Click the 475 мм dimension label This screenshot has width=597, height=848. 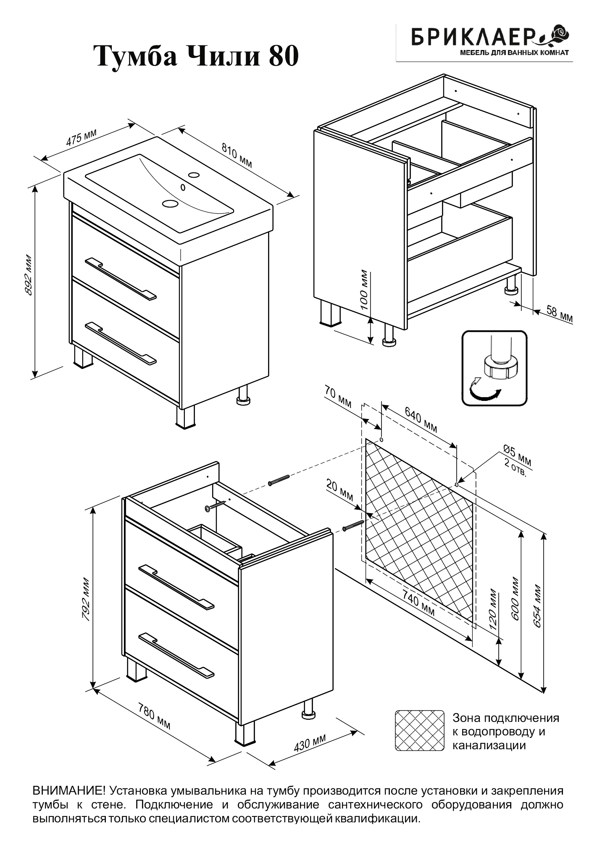pos(81,137)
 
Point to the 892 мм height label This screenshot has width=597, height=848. pos(29,275)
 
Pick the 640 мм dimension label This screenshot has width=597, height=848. pos(421,420)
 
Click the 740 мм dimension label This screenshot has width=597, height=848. pos(418,603)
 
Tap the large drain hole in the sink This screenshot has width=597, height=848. pos(171,203)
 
